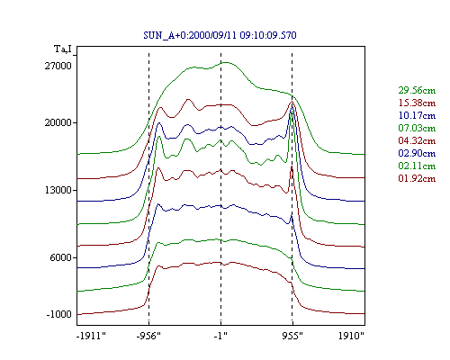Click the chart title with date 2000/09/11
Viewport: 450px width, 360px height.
(x=220, y=35)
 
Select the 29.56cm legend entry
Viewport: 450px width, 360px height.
(x=417, y=90)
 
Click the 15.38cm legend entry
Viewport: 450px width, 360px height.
(x=417, y=103)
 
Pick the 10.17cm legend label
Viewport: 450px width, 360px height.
(x=417, y=115)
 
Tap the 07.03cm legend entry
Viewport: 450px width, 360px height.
(x=417, y=128)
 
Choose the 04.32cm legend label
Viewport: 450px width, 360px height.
(x=417, y=140)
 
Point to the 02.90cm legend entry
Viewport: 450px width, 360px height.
(x=417, y=153)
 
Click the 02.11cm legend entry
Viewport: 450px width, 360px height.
(x=417, y=166)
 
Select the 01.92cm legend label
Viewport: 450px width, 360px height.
(x=417, y=178)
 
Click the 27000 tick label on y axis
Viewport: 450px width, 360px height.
(x=58, y=66)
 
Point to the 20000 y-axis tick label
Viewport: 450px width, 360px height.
(x=58, y=122)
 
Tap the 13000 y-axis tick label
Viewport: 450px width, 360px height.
(x=58, y=190)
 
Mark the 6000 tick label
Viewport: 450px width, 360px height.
(x=61, y=257)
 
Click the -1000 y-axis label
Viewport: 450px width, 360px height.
(x=58, y=314)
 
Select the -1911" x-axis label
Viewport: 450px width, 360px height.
(x=92, y=336)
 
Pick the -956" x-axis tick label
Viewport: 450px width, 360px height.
(x=148, y=336)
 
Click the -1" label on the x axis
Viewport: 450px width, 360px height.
(x=220, y=336)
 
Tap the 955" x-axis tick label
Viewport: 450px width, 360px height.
(x=292, y=336)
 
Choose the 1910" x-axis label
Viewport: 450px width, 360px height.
(x=351, y=336)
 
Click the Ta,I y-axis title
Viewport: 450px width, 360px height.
(x=63, y=49)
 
